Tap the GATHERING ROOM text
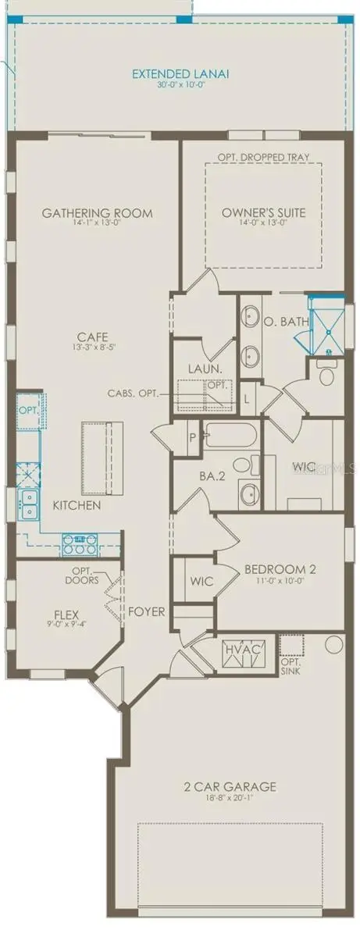(x=97, y=213)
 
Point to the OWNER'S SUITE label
(x=263, y=212)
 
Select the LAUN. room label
(x=201, y=369)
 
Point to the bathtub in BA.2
(x=226, y=435)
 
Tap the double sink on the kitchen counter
(x=30, y=504)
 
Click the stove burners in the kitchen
(x=80, y=538)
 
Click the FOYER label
(x=146, y=611)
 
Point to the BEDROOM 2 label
(x=262, y=568)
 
